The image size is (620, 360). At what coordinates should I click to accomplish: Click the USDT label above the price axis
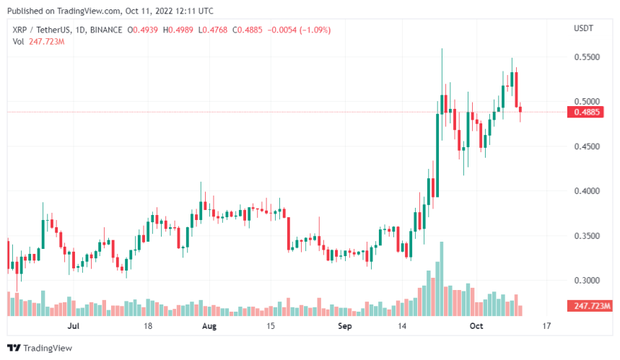point(582,28)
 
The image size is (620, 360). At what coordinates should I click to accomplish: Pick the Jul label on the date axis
point(72,326)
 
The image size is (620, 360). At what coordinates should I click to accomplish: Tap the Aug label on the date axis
point(209,326)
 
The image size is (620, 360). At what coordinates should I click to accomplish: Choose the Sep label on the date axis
point(345,326)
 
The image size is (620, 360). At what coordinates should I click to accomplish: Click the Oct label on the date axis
point(476,326)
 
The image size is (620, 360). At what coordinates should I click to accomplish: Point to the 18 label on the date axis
point(147,326)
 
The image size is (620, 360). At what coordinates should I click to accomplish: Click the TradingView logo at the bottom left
point(39,348)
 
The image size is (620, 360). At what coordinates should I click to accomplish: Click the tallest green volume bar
point(441,278)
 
